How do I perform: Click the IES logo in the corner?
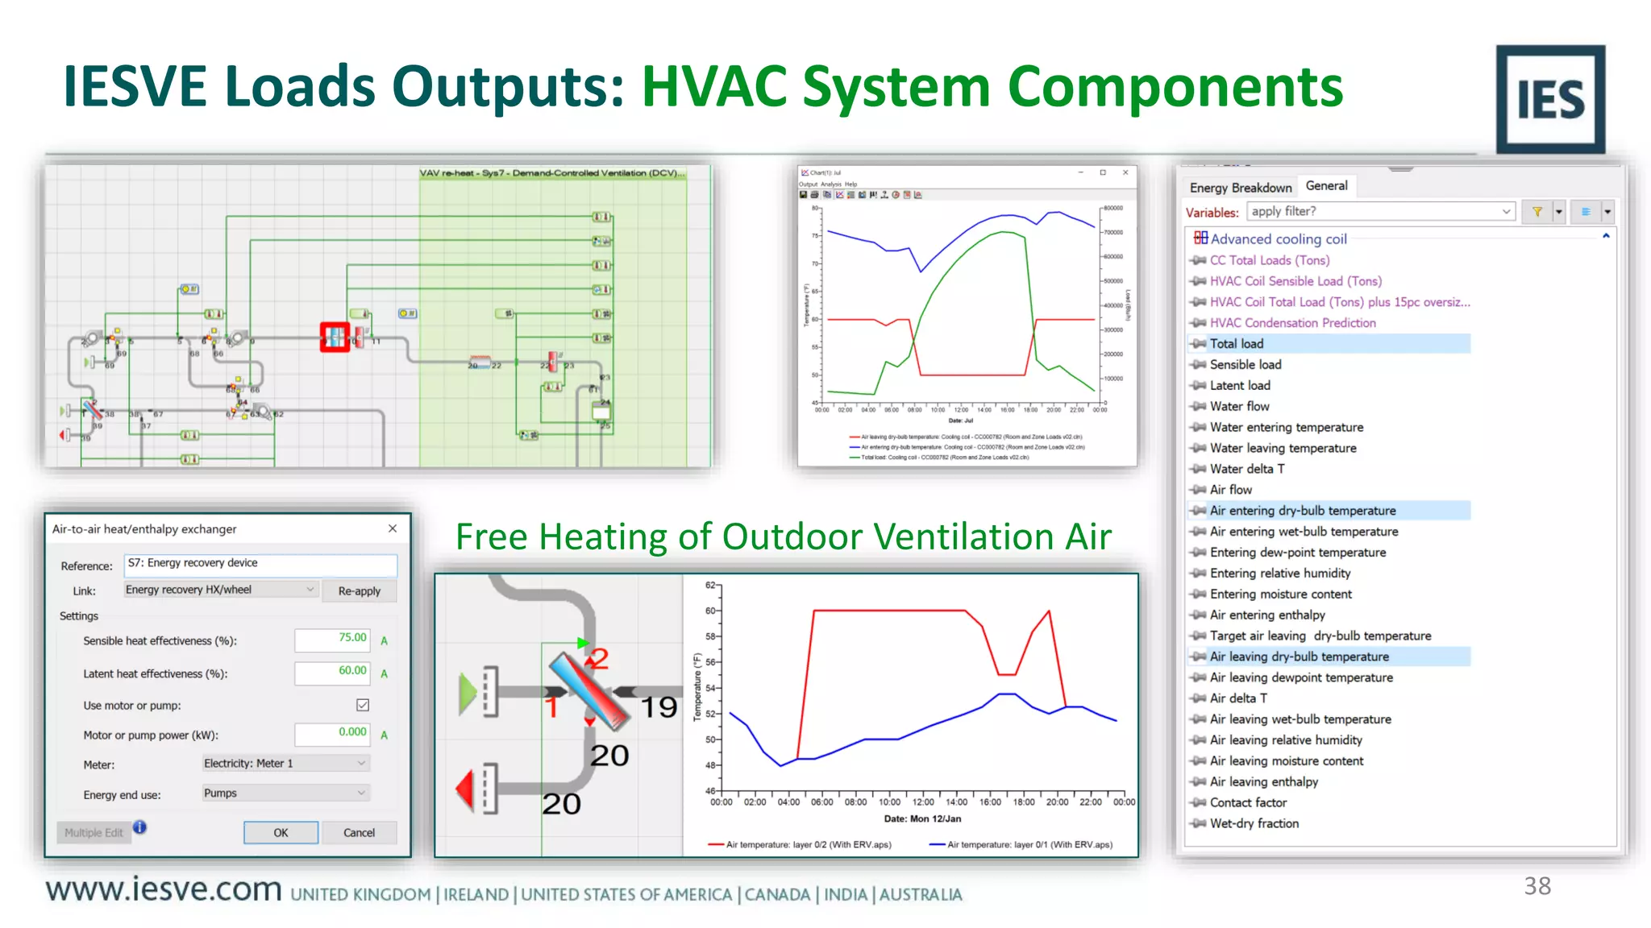[x=1549, y=99]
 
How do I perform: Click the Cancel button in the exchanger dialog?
[x=359, y=832]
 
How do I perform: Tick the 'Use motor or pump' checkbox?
[x=363, y=705]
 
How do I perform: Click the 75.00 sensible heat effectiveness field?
[x=332, y=639]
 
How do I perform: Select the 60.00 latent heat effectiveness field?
[x=332, y=672]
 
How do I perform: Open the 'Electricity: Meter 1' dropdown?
[x=285, y=763]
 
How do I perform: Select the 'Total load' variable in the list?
[x=1237, y=344]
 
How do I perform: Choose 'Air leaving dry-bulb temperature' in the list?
[x=1299, y=657]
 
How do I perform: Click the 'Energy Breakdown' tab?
[x=1240, y=188]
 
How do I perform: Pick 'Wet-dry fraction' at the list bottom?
[x=1254, y=823]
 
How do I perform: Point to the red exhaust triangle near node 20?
[x=465, y=789]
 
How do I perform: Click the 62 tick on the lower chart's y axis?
[x=710, y=585]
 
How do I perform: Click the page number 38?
[x=1537, y=886]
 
